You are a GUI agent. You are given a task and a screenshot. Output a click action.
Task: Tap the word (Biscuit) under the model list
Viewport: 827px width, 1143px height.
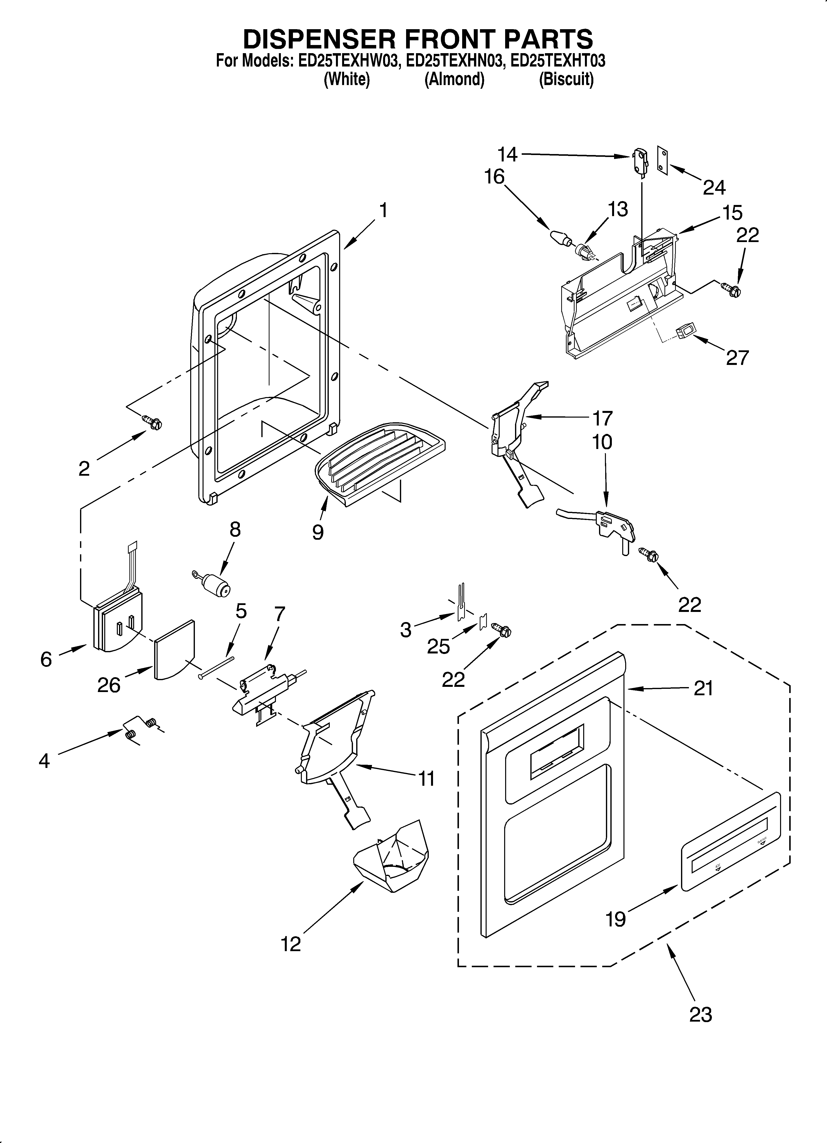pos(566,80)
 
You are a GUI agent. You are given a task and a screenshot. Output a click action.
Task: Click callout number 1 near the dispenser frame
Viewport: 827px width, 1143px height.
pos(384,210)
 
